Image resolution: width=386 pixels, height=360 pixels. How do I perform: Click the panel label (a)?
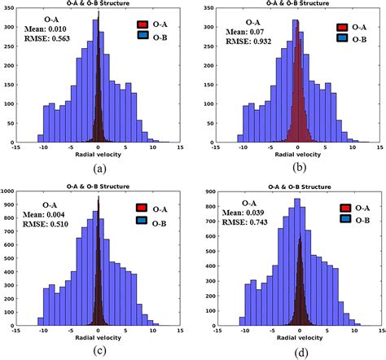pos(99,169)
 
